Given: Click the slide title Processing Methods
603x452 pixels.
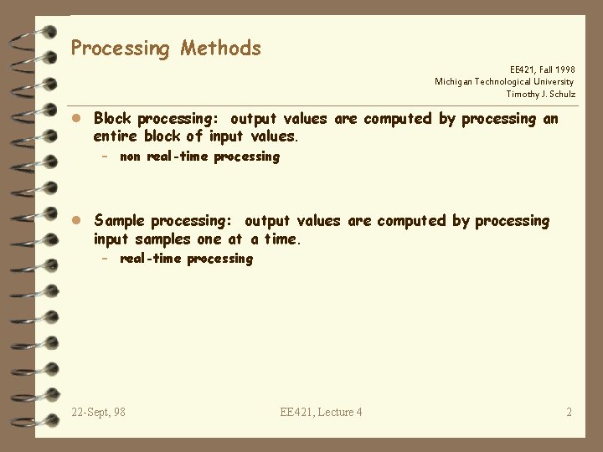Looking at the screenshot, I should (x=166, y=49).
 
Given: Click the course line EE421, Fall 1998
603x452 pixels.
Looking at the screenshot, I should (x=542, y=69).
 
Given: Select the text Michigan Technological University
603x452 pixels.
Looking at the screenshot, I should (x=504, y=82).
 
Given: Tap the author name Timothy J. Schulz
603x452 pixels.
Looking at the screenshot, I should (x=540, y=95).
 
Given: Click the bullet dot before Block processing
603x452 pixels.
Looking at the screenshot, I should (x=76, y=119).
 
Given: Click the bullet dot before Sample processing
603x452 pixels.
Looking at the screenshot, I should (x=76, y=221).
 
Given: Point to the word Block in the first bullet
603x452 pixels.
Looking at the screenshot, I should (x=113, y=119).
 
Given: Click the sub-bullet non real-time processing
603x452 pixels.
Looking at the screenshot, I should (x=199, y=157).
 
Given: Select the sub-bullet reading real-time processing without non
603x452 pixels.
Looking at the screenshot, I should (x=186, y=259).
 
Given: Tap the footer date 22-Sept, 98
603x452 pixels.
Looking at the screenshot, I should (x=99, y=412).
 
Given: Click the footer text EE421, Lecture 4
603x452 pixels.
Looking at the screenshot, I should (x=322, y=412).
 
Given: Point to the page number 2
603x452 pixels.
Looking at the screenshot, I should (x=569, y=412).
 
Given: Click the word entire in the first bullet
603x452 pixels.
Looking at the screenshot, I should (x=116, y=136).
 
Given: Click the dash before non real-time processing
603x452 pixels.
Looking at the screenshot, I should (x=106, y=157).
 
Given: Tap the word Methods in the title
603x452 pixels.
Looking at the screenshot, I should (x=220, y=49).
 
